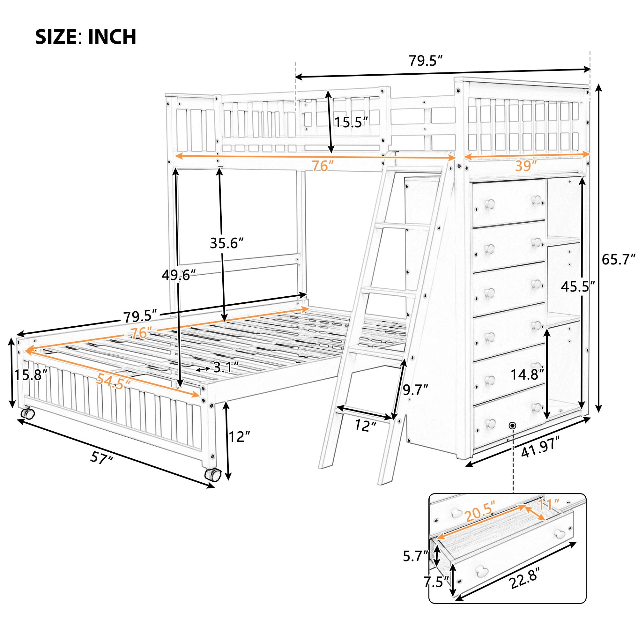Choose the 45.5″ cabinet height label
point(578,287)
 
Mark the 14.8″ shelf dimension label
point(527,375)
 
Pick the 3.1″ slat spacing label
point(226,367)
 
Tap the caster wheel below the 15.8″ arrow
point(27,413)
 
